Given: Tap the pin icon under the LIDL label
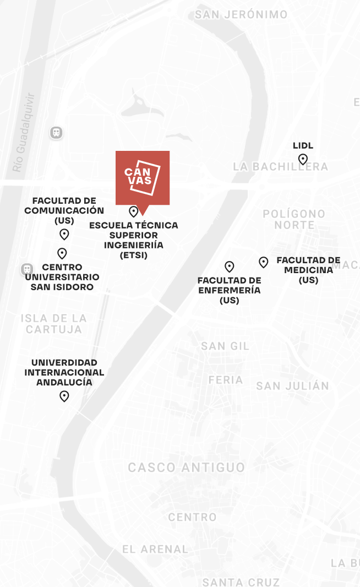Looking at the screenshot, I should pos(303,160).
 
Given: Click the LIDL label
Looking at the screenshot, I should pos(303,145).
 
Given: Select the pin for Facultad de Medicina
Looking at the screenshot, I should pos(264,262).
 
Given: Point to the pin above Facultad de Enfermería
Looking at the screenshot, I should pos(230,267).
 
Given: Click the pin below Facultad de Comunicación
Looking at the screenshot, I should pos(64,234).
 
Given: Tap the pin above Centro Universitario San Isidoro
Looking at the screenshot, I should pos(62,253).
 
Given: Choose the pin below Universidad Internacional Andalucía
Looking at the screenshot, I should pos(64,396).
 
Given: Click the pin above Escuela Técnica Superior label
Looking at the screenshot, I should pos(133,211).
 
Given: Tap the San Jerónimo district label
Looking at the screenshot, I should pos(241,15).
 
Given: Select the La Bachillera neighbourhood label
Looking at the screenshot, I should pos(280,166).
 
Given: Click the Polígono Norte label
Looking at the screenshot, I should pos(294,219).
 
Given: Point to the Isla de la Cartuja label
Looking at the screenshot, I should pos(54,324).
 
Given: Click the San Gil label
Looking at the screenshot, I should pos(225,346).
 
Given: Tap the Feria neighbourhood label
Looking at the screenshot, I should pos(226,380).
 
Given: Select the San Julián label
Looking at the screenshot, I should pos(292,386).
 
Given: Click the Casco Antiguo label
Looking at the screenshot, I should pos(187,468).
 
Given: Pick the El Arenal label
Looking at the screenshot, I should pos(155,549).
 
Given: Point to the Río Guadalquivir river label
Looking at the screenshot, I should pos(24,132).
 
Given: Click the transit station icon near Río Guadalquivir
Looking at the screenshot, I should pos(56,133).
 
